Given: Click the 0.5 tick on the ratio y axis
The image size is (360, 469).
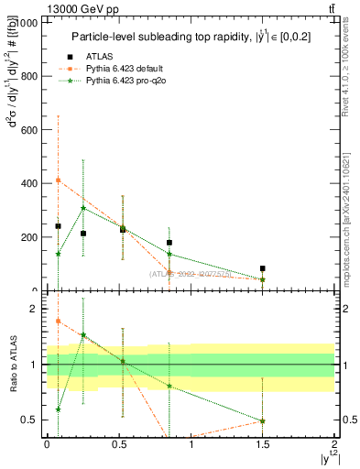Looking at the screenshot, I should click(31, 420).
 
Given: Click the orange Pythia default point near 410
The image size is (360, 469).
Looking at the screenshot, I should click(58, 180).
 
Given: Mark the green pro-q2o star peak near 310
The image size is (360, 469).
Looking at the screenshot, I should click(83, 208).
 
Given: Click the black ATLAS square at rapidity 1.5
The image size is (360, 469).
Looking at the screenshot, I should click(263, 268).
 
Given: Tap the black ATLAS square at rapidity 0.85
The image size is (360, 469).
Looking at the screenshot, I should click(169, 243).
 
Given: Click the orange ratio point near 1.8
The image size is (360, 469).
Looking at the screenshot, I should click(58, 321).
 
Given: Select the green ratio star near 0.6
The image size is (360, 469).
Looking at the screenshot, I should click(58, 409).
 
